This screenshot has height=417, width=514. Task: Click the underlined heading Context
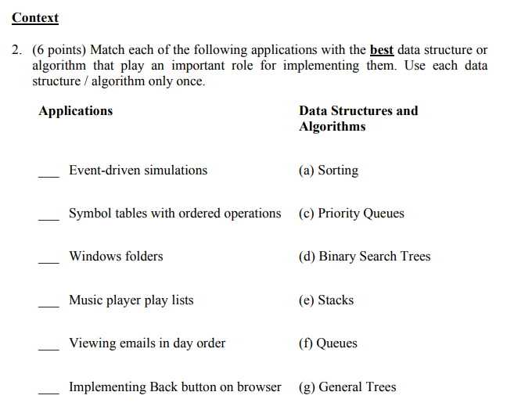tap(35, 17)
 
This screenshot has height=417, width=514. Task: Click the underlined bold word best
tap(381, 50)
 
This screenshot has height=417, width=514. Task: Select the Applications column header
tap(75, 111)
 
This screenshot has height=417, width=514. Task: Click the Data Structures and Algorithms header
tap(358, 118)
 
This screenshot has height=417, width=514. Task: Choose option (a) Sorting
tap(329, 171)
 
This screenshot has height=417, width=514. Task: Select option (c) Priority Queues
tap(351, 214)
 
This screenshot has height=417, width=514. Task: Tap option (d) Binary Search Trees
tap(365, 257)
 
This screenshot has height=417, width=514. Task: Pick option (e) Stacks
tap(326, 300)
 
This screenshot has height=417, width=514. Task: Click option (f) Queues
tap(328, 343)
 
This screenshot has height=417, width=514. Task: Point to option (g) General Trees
tap(347, 387)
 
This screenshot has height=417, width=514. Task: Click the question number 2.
tap(16, 50)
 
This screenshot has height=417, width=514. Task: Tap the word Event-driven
tap(100, 171)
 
